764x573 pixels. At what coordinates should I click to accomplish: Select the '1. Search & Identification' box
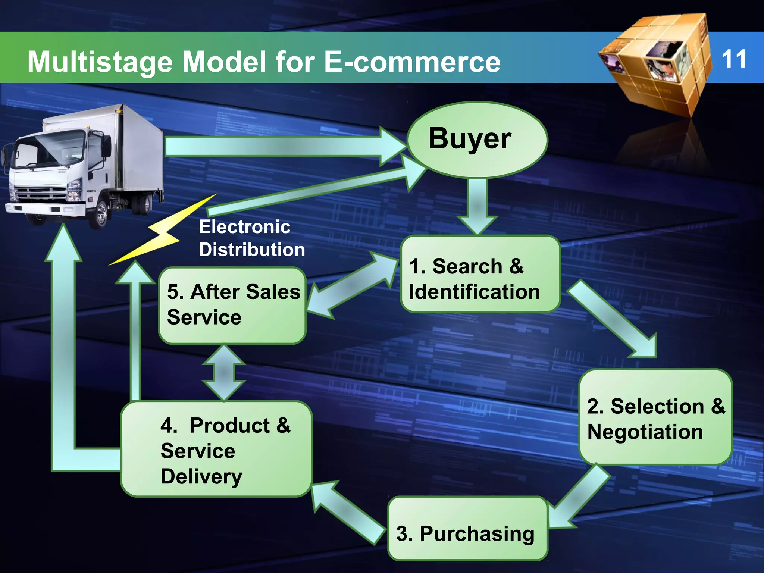[x=480, y=274]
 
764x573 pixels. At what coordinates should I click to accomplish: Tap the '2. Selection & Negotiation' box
[x=655, y=417]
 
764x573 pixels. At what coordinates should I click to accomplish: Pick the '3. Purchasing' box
[x=467, y=529]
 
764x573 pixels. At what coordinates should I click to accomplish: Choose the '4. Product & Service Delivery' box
[x=216, y=449]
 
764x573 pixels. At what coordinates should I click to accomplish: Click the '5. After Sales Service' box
[x=232, y=306]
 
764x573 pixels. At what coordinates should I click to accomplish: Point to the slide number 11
[x=733, y=59]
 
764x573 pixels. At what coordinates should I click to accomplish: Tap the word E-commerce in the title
[x=412, y=62]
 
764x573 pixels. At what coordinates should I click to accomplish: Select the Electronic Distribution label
[x=251, y=238]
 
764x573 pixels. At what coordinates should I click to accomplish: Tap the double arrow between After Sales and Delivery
[x=223, y=372]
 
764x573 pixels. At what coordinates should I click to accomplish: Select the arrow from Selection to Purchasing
[x=580, y=496]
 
